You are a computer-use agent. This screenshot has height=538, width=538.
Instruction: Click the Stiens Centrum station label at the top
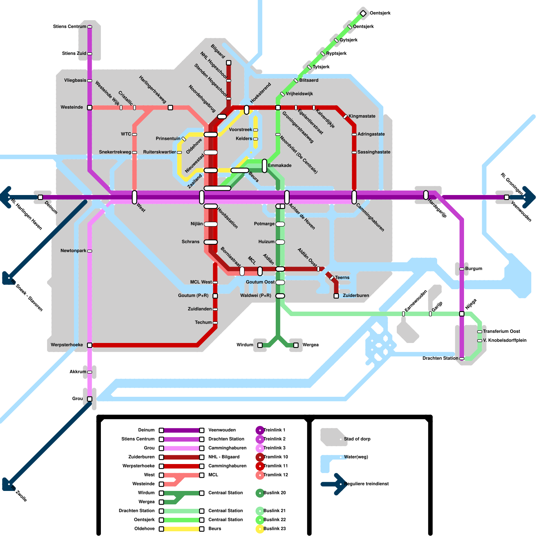coord(70,27)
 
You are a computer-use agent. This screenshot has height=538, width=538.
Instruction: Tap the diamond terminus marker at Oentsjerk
coord(363,13)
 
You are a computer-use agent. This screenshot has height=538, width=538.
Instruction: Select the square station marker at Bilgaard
coord(229,63)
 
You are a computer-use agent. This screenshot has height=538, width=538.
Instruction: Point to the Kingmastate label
coord(362,116)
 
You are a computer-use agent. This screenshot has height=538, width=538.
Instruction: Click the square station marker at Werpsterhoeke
coord(90,345)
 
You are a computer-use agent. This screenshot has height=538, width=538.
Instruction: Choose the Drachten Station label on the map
coord(440,358)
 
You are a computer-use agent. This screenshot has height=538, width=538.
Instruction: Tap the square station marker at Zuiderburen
coord(336,296)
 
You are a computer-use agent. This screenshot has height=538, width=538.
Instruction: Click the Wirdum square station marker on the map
coord(260,345)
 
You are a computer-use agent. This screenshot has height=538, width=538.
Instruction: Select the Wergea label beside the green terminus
coord(310,345)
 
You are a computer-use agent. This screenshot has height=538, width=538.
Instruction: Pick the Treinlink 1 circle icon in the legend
coord(260,430)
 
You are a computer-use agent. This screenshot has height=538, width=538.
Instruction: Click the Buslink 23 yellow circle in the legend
coord(260,529)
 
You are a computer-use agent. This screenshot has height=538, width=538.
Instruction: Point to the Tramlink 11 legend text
coord(276,466)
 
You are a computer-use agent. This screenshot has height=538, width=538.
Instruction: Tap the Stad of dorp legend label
coord(357,439)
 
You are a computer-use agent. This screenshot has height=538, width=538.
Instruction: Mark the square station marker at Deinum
coord(40,197)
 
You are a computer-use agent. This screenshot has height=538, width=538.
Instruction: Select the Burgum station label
coord(473,269)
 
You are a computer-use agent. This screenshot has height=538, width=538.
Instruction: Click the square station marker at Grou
coord(90,399)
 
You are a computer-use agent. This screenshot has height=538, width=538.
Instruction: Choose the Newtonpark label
coord(73,251)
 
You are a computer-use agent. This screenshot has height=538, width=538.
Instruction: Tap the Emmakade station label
coord(280,165)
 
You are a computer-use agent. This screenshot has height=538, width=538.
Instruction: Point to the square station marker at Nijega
coord(462,314)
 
